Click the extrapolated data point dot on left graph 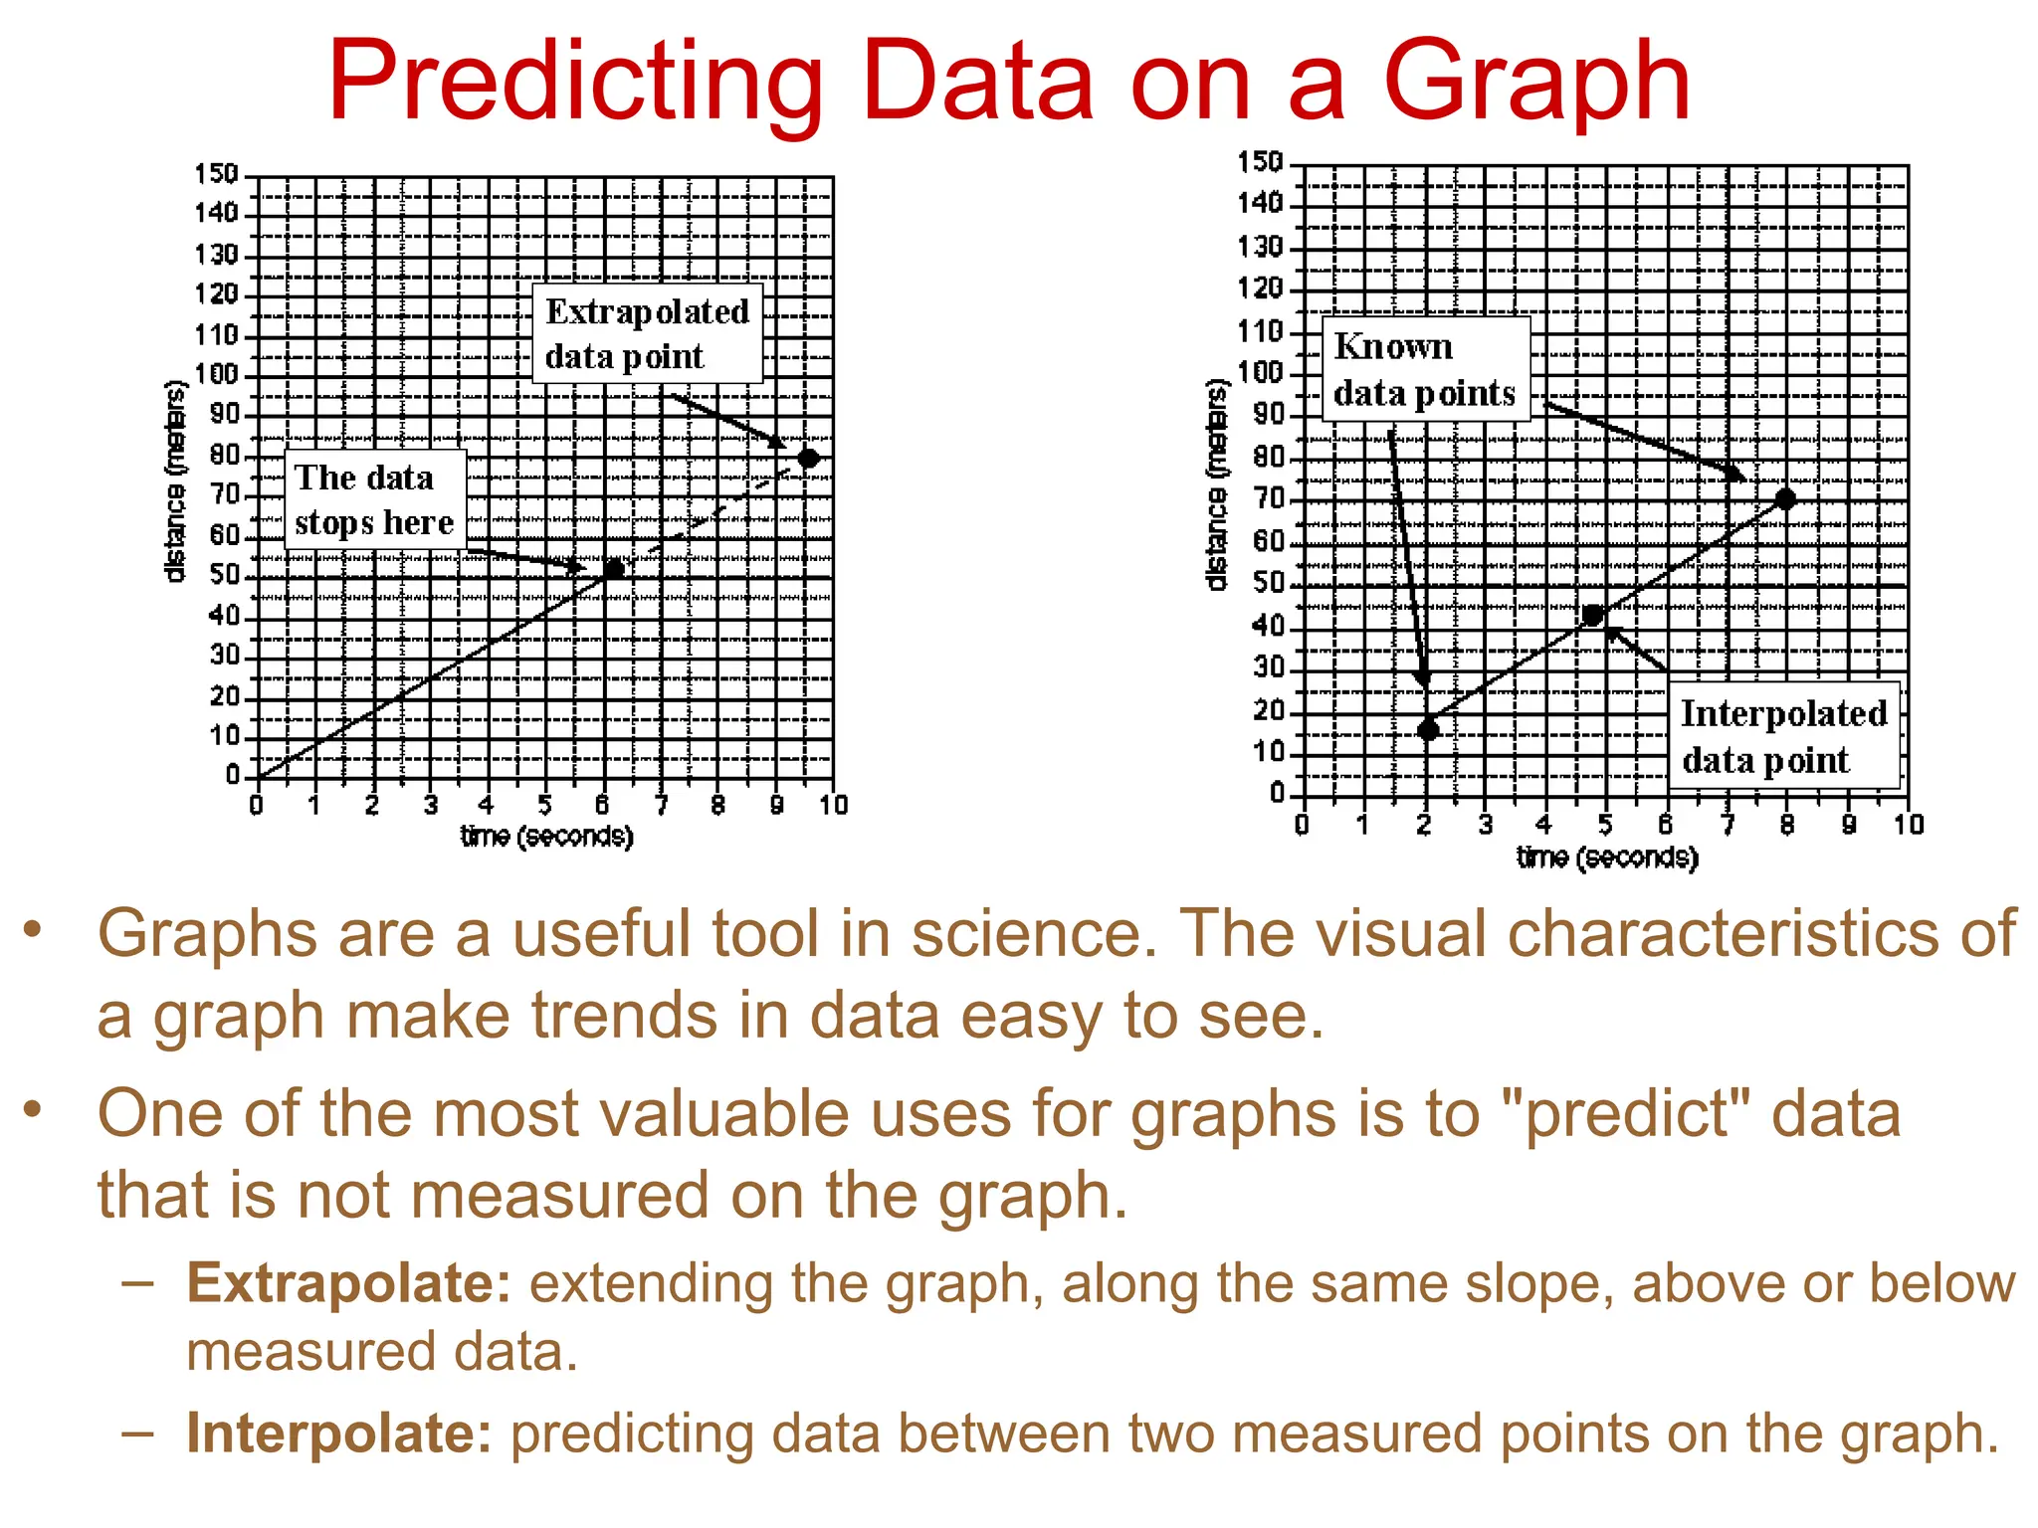tap(808, 458)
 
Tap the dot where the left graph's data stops tap(614, 569)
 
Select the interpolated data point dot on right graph tap(1592, 616)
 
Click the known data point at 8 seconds tap(1785, 498)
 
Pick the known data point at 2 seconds tap(1428, 730)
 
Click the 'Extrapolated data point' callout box tap(648, 334)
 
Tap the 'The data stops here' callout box tap(375, 499)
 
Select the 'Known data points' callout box tap(1425, 369)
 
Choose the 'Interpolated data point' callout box tap(1783, 736)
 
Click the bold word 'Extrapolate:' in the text tap(348, 1283)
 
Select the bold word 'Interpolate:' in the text tap(339, 1433)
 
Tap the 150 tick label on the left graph tap(216, 175)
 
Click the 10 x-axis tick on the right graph tap(1908, 825)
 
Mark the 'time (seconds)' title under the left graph tap(546, 837)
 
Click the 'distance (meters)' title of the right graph tap(1216, 484)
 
